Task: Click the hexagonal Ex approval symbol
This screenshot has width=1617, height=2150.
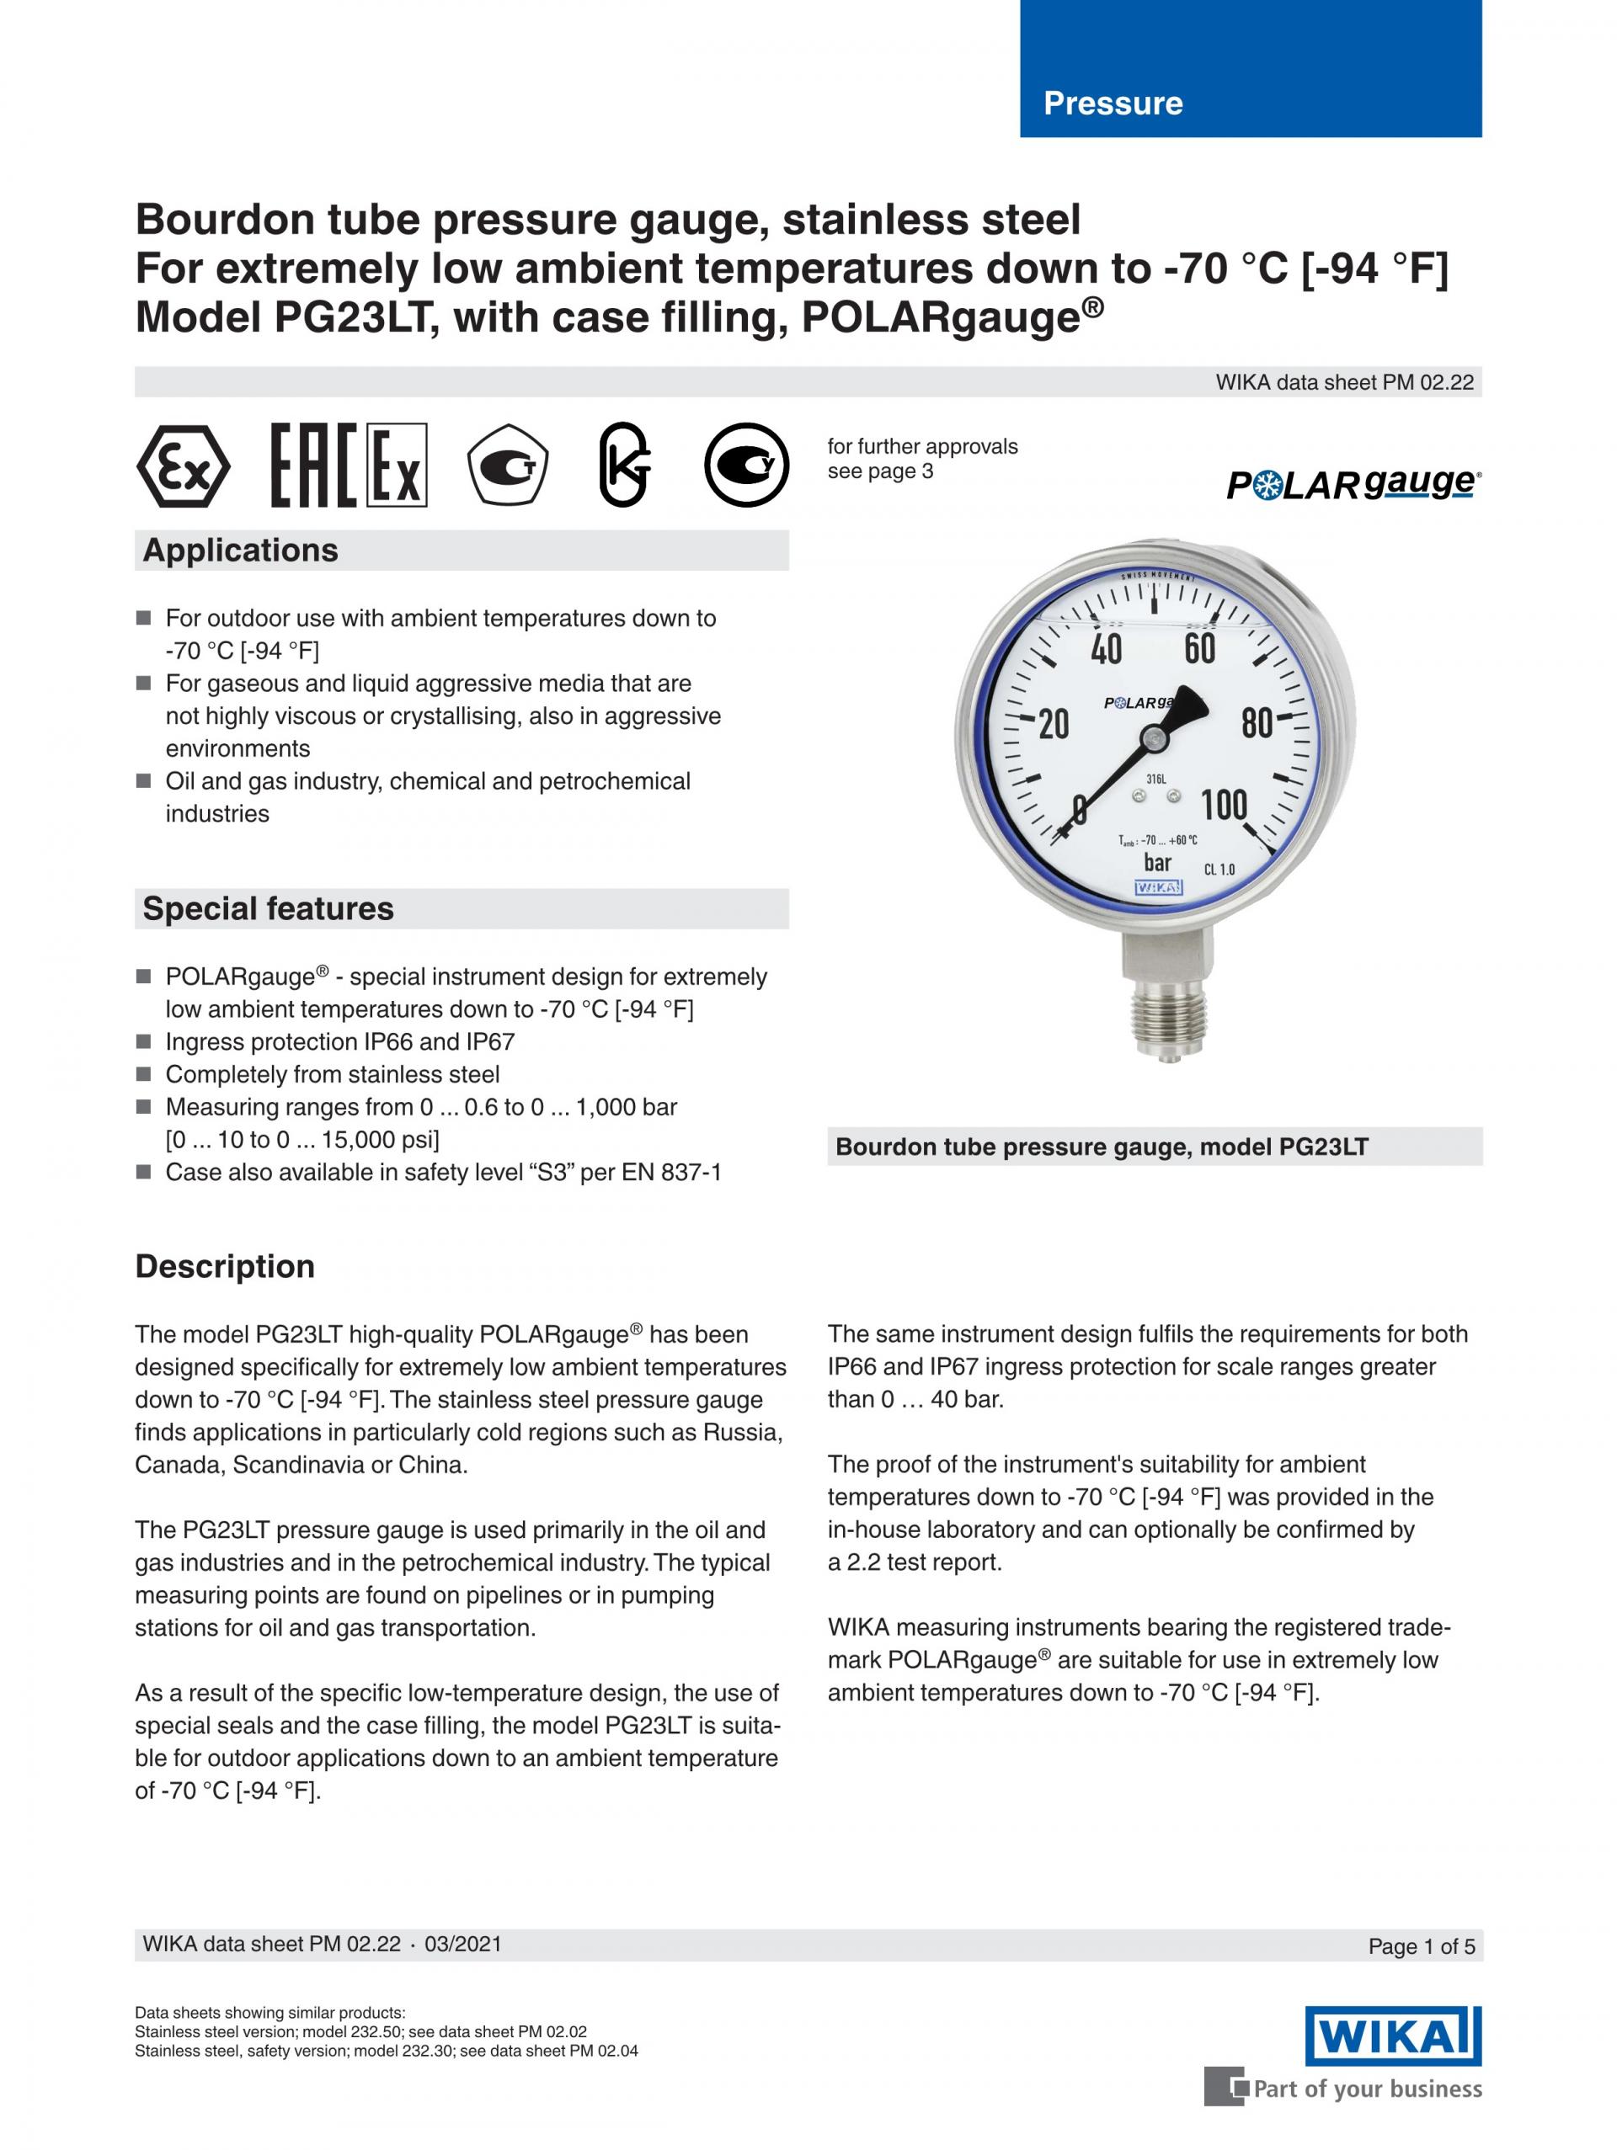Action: coord(183,466)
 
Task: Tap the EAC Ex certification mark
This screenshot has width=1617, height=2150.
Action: coord(348,466)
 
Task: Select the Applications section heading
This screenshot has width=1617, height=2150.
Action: coord(240,551)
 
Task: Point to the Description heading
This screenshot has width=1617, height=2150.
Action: coord(225,1266)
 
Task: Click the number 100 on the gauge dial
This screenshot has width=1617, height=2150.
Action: coord(1223,805)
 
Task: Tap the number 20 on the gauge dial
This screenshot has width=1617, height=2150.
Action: coord(1053,724)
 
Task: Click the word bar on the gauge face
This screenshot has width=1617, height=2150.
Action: coord(1157,863)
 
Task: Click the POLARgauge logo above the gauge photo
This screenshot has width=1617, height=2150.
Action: coord(1353,484)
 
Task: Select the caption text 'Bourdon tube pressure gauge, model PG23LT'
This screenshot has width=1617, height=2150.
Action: coord(1101,1147)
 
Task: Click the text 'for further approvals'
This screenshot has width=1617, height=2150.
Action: coord(922,447)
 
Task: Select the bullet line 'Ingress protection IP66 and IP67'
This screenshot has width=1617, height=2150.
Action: coord(339,1042)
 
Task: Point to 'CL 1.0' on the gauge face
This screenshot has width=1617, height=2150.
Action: coord(1219,869)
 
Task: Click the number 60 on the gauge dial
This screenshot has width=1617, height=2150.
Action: coord(1200,648)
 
